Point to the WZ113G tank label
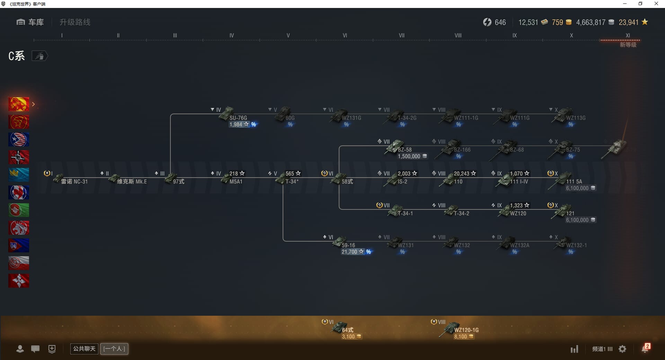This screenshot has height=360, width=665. point(576,118)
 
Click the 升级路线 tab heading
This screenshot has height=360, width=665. point(75,22)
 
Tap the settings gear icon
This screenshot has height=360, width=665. point(622,349)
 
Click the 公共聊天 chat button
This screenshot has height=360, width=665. point(84,349)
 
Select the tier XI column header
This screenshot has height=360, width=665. point(628,35)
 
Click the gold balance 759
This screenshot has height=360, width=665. point(557,22)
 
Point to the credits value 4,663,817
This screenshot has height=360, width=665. point(591,22)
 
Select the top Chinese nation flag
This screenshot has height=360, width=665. point(19,104)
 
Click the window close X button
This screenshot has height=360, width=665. point(656,4)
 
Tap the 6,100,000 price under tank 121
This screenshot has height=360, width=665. point(577,220)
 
